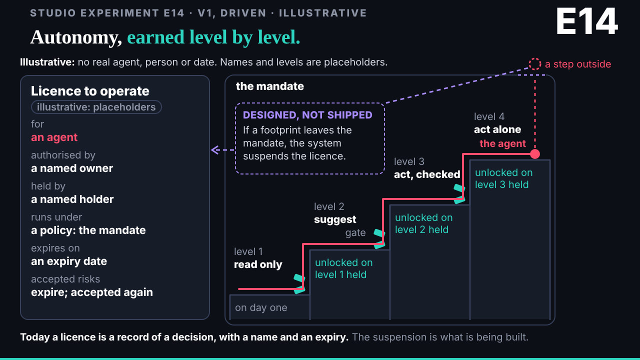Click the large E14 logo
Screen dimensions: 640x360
587,21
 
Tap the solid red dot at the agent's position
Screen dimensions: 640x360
535,154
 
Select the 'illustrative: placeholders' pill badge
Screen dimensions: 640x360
96,107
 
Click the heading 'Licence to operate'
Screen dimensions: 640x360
90,91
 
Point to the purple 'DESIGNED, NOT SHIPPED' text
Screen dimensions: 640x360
307,115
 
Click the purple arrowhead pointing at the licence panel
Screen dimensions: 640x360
215,150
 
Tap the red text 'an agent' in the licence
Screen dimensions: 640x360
54,137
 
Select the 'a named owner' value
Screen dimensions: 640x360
71,168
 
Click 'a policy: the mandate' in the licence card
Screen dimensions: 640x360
88,230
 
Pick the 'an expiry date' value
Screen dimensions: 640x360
69,261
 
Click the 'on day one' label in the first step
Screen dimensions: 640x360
261,307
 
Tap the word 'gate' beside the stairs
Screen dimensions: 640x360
355,233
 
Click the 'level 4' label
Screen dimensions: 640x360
489,116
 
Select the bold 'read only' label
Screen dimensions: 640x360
257,264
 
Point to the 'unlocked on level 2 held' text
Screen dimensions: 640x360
423,223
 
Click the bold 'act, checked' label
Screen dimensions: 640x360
427,174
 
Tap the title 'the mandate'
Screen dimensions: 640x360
269,86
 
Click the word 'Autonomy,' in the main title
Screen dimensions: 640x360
76,37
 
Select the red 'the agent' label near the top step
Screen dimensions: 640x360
502,143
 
